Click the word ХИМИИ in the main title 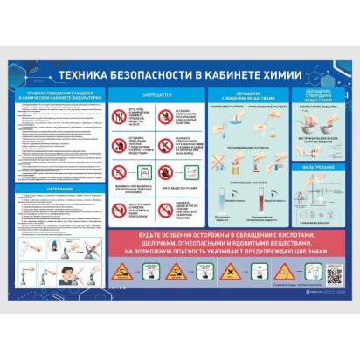(x=284, y=76)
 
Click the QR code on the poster (x=337, y=276)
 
